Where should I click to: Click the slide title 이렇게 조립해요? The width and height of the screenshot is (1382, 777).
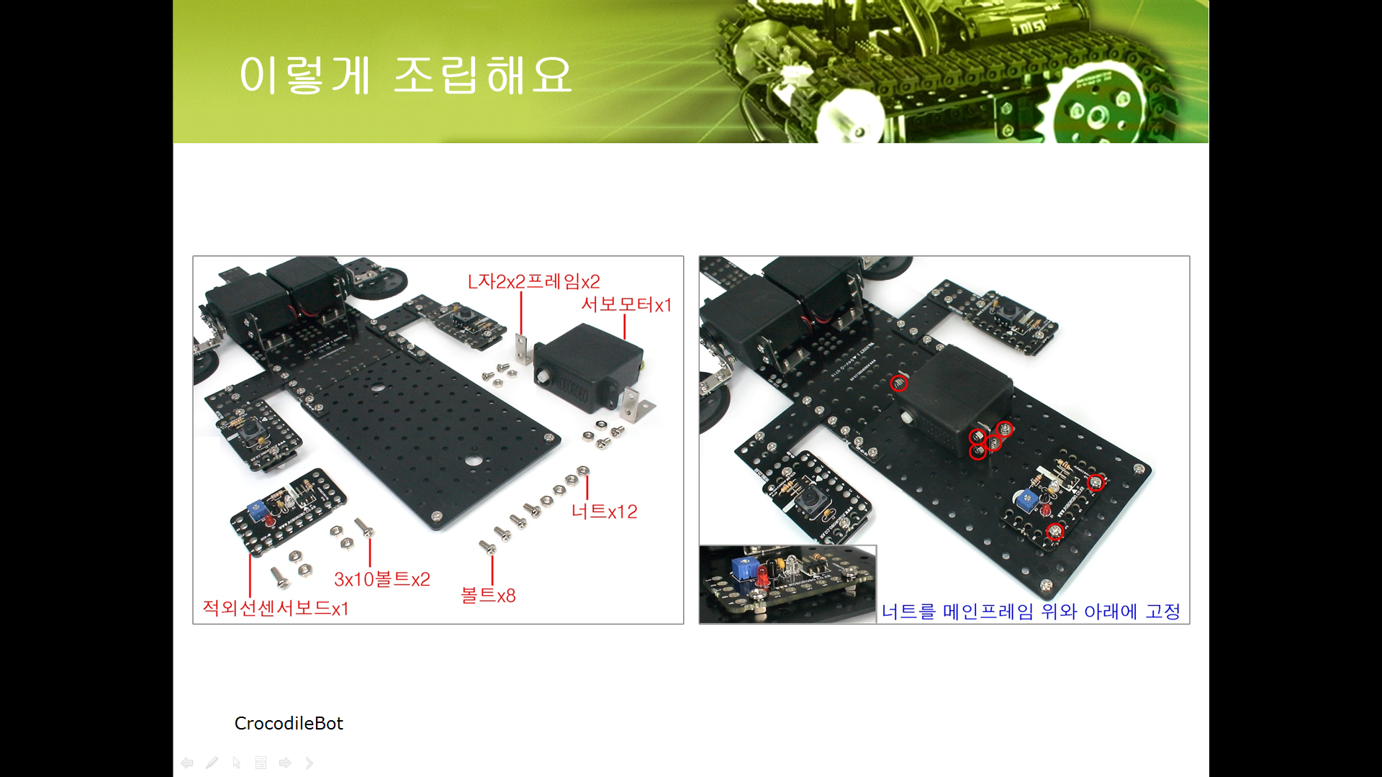406,75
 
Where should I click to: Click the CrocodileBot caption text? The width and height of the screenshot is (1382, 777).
289,723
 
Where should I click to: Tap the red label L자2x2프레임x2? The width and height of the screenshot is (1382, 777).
533,281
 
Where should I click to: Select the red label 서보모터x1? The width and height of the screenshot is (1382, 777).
626,304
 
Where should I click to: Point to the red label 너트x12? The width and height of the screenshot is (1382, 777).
604,512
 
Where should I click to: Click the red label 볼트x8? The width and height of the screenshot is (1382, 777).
488,596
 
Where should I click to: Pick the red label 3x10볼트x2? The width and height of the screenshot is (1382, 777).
382,579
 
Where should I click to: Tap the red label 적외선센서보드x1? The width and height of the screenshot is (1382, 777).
276,609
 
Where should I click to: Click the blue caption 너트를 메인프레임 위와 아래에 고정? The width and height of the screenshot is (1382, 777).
1031,612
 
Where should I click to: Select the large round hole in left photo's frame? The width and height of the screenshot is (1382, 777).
473,461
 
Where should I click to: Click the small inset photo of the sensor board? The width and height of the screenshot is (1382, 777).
788,584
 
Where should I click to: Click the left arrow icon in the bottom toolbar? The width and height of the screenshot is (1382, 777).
187,763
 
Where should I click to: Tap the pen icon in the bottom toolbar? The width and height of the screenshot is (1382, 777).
212,763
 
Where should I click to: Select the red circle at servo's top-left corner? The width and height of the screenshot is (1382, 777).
898,383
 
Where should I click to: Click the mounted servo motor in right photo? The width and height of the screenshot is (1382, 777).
954,400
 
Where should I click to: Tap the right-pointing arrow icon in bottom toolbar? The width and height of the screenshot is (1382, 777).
285,763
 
